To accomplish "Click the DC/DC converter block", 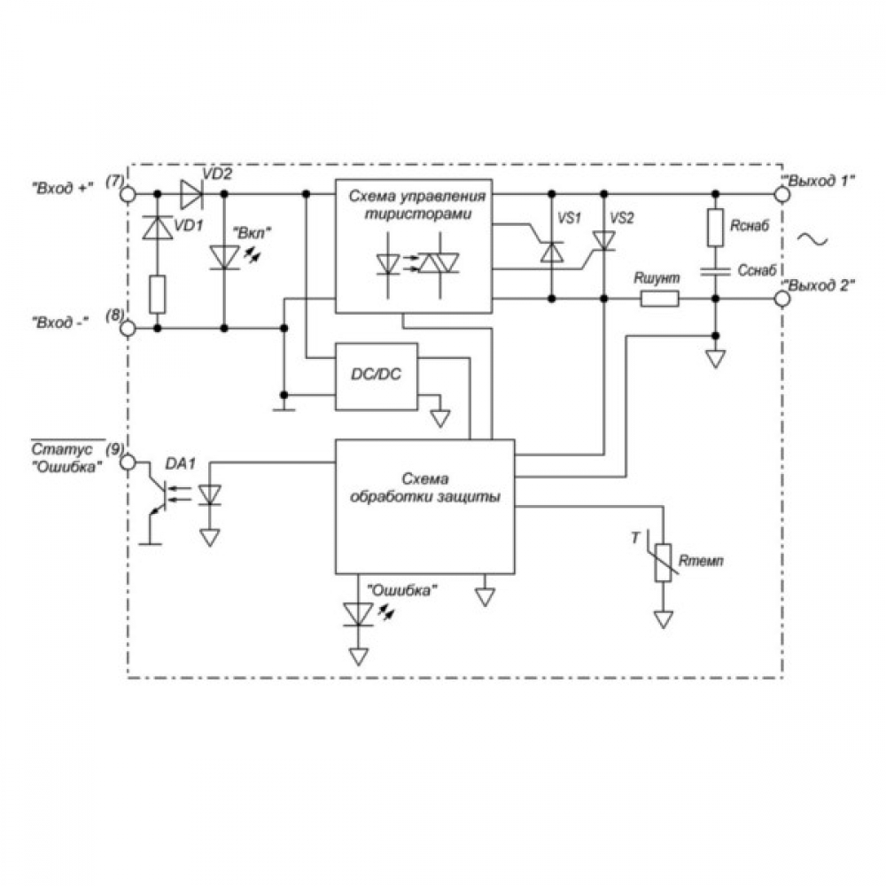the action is pyautogui.click(x=377, y=377).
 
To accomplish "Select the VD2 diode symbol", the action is pyautogui.click(x=191, y=194).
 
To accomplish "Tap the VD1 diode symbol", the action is pyautogui.click(x=158, y=228).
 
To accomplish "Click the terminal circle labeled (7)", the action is pyautogui.click(x=128, y=194).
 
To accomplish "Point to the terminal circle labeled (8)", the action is pyautogui.click(x=128, y=329).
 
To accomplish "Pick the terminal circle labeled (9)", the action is pyautogui.click(x=128, y=462).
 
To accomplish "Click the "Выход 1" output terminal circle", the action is pyautogui.click(x=782, y=194).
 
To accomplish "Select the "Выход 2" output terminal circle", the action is pyautogui.click(x=782, y=299).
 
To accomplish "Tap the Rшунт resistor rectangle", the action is pyautogui.click(x=659, y=299).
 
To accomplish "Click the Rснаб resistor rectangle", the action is pyautogui.click(x=715, y=228).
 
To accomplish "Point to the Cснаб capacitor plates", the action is pyautogui.click(x=715, y=270).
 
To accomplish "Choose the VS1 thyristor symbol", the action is pyautogui.click(x=552, y=252).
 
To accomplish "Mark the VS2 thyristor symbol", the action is pyautogui.click(x=604, y=240).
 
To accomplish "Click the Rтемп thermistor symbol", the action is pyautogui.click(x=663, y=563).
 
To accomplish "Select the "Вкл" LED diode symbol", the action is pyautogui.click(x=224, y=258).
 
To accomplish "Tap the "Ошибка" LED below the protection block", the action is pyautogui.click(x=358, y=614).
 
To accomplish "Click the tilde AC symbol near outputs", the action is pyautogui.click(x=812, y=239).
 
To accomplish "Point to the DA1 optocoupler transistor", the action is pyautogui.click(x=156, y=495).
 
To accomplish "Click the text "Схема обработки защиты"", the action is pyautogui.click(x=425, y=488).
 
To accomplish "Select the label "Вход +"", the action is pyautogui.click(x=62, y=188).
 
